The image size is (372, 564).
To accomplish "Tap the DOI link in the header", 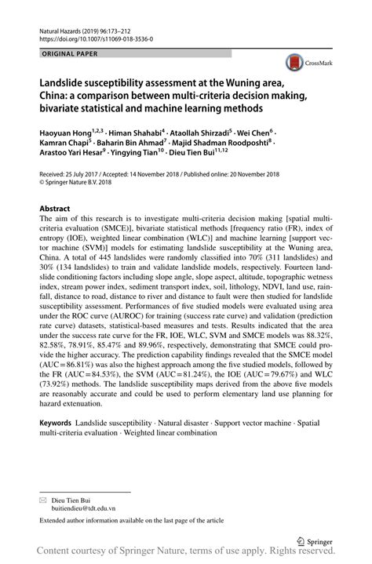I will (95, 38).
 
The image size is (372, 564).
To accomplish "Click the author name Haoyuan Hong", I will (64, 134).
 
